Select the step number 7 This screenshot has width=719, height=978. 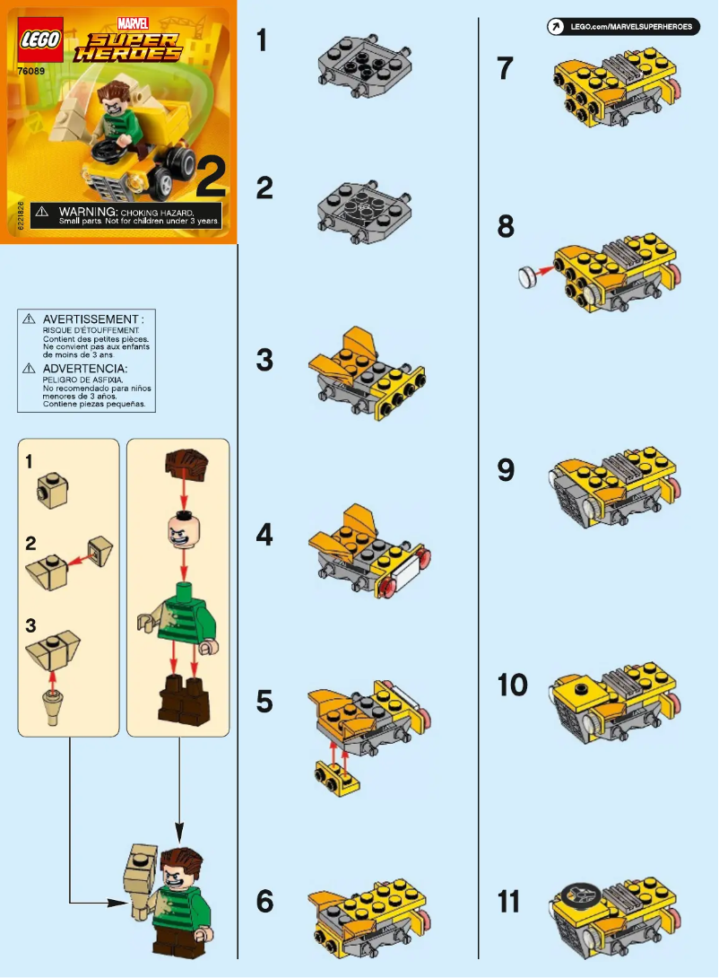click(506, 69)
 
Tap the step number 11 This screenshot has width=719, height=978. click(508, 902)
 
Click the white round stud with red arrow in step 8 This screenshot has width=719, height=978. click(529, 277)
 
